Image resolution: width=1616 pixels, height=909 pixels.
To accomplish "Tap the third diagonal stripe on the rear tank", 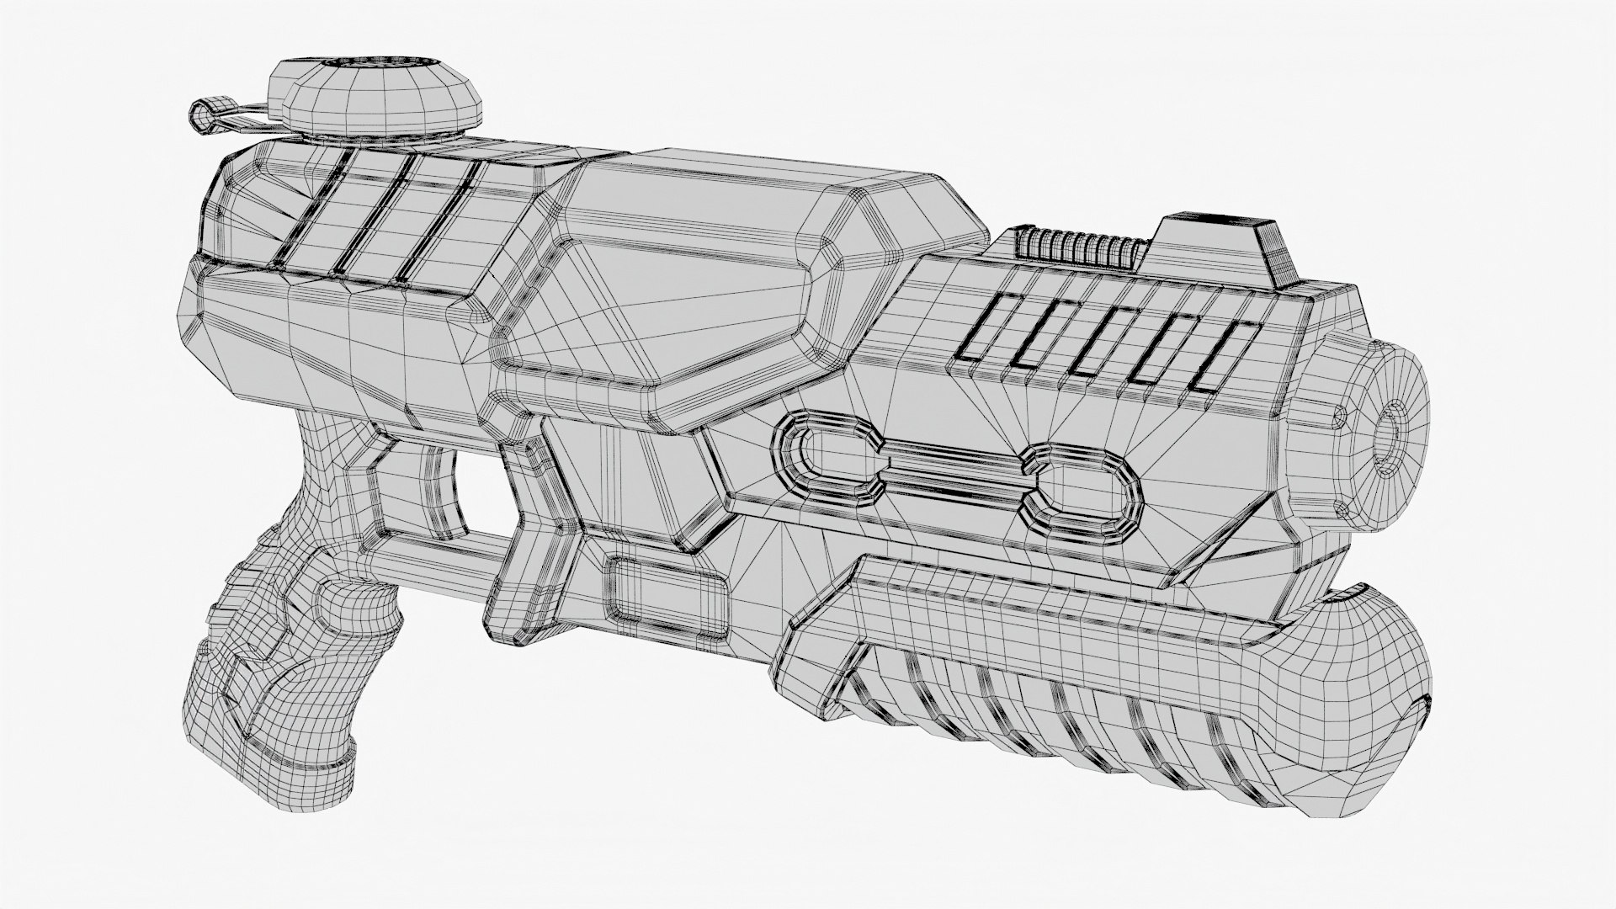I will pos(438,219).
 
